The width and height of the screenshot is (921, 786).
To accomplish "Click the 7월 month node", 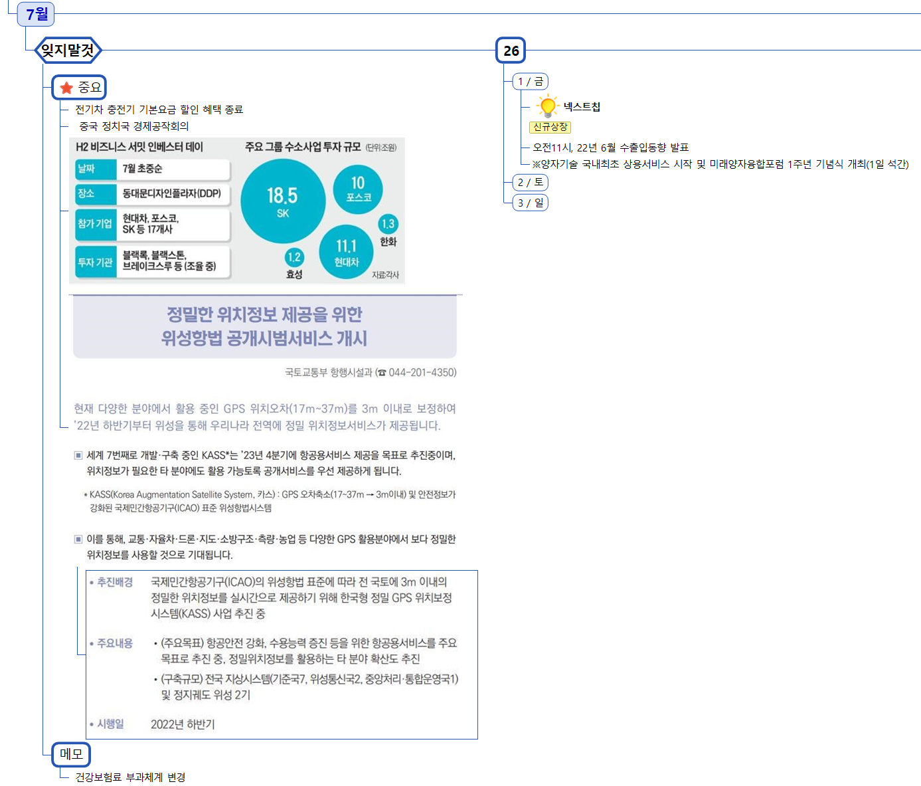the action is click(x=37, y=14).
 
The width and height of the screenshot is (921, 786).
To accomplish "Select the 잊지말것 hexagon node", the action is click(x=68, y=50).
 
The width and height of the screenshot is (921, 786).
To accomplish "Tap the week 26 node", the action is click(x=511, y=50).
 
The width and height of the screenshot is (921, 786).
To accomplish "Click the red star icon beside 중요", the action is click(x=66, y=88).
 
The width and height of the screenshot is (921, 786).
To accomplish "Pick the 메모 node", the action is click(x=71, y=753).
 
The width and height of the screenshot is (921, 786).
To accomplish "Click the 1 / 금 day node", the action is click(x=530, y=82).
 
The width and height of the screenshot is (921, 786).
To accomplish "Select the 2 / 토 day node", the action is click(x=530, y=182).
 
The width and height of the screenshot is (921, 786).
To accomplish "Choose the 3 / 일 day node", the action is click(x=530, y=203).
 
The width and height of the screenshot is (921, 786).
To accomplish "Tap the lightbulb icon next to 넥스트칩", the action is click(x=548, y=106).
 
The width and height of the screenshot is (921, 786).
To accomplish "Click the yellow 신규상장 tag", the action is click(x=550, y=127).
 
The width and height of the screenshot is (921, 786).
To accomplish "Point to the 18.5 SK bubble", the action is click(x=283, y=201).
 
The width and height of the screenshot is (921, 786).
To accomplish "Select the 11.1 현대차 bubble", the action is click(x=346, y=252).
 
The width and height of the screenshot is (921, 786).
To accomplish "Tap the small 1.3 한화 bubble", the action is click(x=388, y=224).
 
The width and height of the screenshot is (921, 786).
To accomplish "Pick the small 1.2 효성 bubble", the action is click(x=294, y=257).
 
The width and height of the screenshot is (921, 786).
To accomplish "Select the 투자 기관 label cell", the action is click(x=96, y=262).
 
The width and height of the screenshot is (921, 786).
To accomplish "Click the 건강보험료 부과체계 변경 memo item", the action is click(x=130, y=777).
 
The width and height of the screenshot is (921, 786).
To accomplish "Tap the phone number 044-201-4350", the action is click(x=422, y=372).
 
